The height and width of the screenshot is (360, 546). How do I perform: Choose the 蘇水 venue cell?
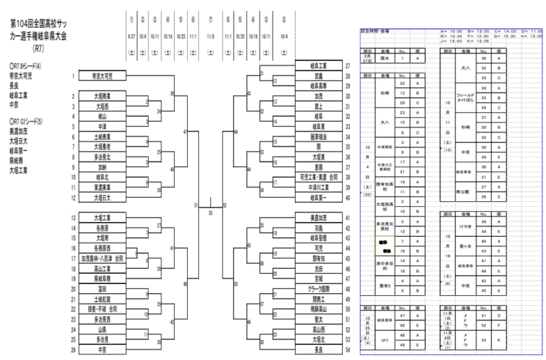(x=385, y=58)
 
